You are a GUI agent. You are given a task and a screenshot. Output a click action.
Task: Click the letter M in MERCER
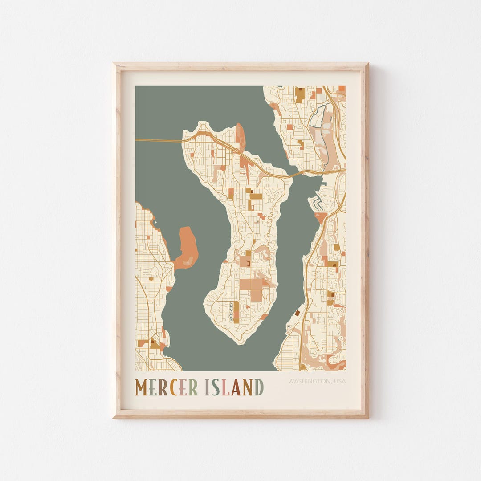click(x=141, y=387)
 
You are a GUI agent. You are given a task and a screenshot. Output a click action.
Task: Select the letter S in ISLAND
click(x=216, y=387)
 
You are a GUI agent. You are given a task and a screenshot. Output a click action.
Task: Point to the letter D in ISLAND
click(x=259, y=387)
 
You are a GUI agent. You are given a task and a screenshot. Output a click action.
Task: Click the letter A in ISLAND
click(x=236, y=387)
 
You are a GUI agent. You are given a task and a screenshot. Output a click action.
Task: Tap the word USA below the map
click(x=339, y=381)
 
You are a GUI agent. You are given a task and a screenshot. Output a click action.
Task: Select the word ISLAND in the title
click(x=234, y=387)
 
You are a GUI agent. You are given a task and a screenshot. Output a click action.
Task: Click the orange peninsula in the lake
click(x=187, y=248)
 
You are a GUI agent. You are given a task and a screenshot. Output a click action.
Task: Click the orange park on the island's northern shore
click(x=240, y=136)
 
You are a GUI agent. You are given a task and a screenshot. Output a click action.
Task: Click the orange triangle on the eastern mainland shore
click(x=321, y=217)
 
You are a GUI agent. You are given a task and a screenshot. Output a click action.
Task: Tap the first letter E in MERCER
click(x=152, y=387)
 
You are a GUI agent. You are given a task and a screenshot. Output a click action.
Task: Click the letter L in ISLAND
click(x=225, y=387)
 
